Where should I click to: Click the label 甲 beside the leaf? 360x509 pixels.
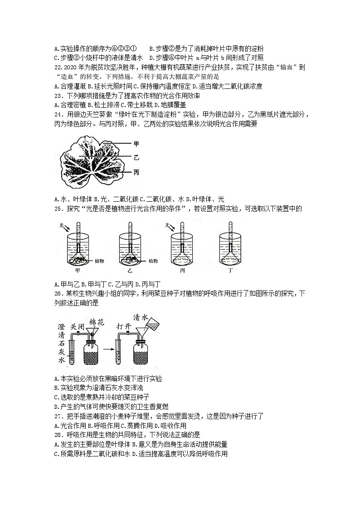pyautogui.click(x=136, y=143)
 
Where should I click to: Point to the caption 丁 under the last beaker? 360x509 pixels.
pyautogui.click(x=230, y=271)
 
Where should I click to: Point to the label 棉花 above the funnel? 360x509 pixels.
pyautogui.click(x=97, y=322)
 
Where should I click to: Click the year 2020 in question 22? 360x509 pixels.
pyautogui.click(x=66, y=67)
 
